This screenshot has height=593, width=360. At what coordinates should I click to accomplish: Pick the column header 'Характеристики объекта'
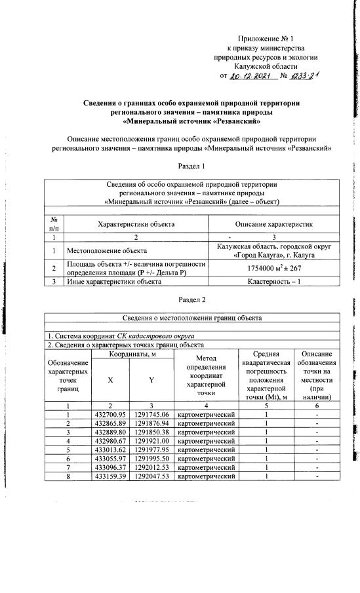[x=136, y=224]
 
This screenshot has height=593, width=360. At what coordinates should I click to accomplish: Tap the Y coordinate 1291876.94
[x=151, y=424]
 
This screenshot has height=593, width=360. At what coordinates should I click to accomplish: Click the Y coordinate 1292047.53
[x=151, y=476]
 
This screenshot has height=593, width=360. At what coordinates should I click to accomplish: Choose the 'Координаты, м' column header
[x=131, y=354]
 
